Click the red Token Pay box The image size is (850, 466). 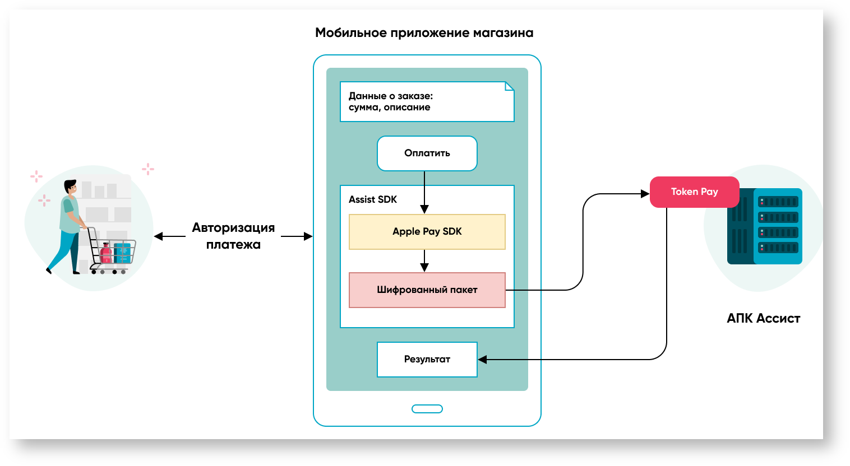[x=694, y=192]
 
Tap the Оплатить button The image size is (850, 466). [x=427, y=153]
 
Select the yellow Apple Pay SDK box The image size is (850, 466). [x=427, y=232]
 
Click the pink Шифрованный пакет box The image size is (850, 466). [x=427, y=290]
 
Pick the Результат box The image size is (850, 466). [x=427, y=360]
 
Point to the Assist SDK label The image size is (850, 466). [x=373, y=199]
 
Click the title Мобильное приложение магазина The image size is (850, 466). [x=424, y=33]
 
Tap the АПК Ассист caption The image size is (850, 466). [x=763, y=319]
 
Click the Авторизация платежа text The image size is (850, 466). [x=233, y=236]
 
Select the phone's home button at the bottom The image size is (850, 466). [x=427, y=409]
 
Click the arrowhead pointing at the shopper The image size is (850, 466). [x=159, y=236]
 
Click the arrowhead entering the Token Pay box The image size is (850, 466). [x=645, y=194]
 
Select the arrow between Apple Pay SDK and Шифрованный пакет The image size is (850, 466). [x=424, y=261]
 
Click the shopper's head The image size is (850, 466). [x=70, y=187]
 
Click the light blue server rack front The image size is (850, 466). [x=778, y=226]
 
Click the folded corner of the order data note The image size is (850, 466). [x=510, y=86]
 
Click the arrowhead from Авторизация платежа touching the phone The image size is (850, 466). [x=308, y=236]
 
